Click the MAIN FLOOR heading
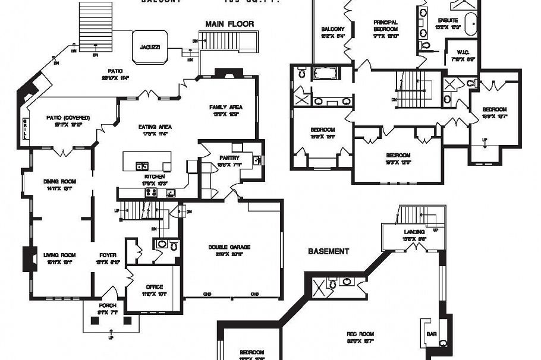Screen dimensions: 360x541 (229, 24)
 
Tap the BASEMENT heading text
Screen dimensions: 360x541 (328, 251)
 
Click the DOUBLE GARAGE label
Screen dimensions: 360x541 (229, 247)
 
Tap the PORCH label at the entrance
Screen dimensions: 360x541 (108, 306)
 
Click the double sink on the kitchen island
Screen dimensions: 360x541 (142, 166)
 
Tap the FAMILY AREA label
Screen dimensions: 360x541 (224, 108)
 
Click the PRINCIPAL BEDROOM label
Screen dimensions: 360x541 (385, 26)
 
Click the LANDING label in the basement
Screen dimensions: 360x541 (414, 232)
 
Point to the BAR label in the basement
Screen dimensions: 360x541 (432, 334)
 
